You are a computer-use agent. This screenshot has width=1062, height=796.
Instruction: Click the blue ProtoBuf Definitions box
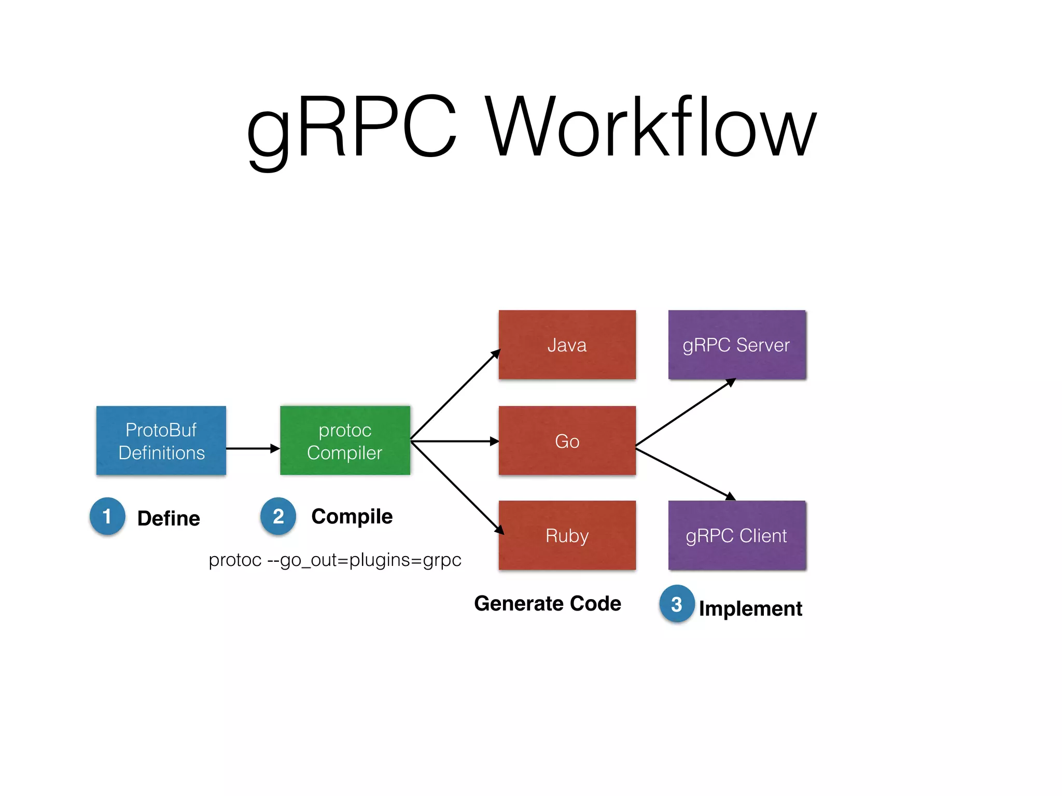[x=161, y=440]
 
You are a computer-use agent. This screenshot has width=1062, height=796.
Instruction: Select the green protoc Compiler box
[x=345, y=440]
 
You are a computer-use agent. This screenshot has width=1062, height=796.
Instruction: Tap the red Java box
[x=567, y=345]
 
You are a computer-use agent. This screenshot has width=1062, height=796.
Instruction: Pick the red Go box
[x=567, y=440]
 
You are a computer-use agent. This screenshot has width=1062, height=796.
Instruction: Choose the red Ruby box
[x=567, y=535]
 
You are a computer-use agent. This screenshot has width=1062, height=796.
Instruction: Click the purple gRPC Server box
[x=737, y=345]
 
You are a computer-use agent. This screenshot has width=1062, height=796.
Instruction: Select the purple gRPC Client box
[x=737, y=535]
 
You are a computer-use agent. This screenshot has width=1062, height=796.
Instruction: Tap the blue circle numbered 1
[x=107, y=516]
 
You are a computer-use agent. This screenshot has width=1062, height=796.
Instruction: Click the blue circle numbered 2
[x=278, y=516]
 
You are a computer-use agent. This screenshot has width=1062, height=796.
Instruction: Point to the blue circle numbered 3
[x=677, y=604]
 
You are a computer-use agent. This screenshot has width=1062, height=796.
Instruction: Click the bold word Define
[x=169, y=518]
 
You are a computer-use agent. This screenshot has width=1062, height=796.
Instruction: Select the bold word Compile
[x=352, y=517]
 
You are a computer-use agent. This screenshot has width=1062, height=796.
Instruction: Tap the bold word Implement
[x=750, y=608]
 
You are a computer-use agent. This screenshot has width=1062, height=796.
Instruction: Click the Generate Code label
[x=548, y=604]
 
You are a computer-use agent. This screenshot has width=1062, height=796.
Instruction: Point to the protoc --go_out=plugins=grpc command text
[x=335, y=560]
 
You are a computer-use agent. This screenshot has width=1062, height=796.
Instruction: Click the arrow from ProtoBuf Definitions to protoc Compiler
[x=253, y=448]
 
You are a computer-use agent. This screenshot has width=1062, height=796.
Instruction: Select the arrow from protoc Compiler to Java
[x=455, y=395]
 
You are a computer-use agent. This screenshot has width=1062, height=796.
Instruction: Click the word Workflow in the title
[x=651, y=127]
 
